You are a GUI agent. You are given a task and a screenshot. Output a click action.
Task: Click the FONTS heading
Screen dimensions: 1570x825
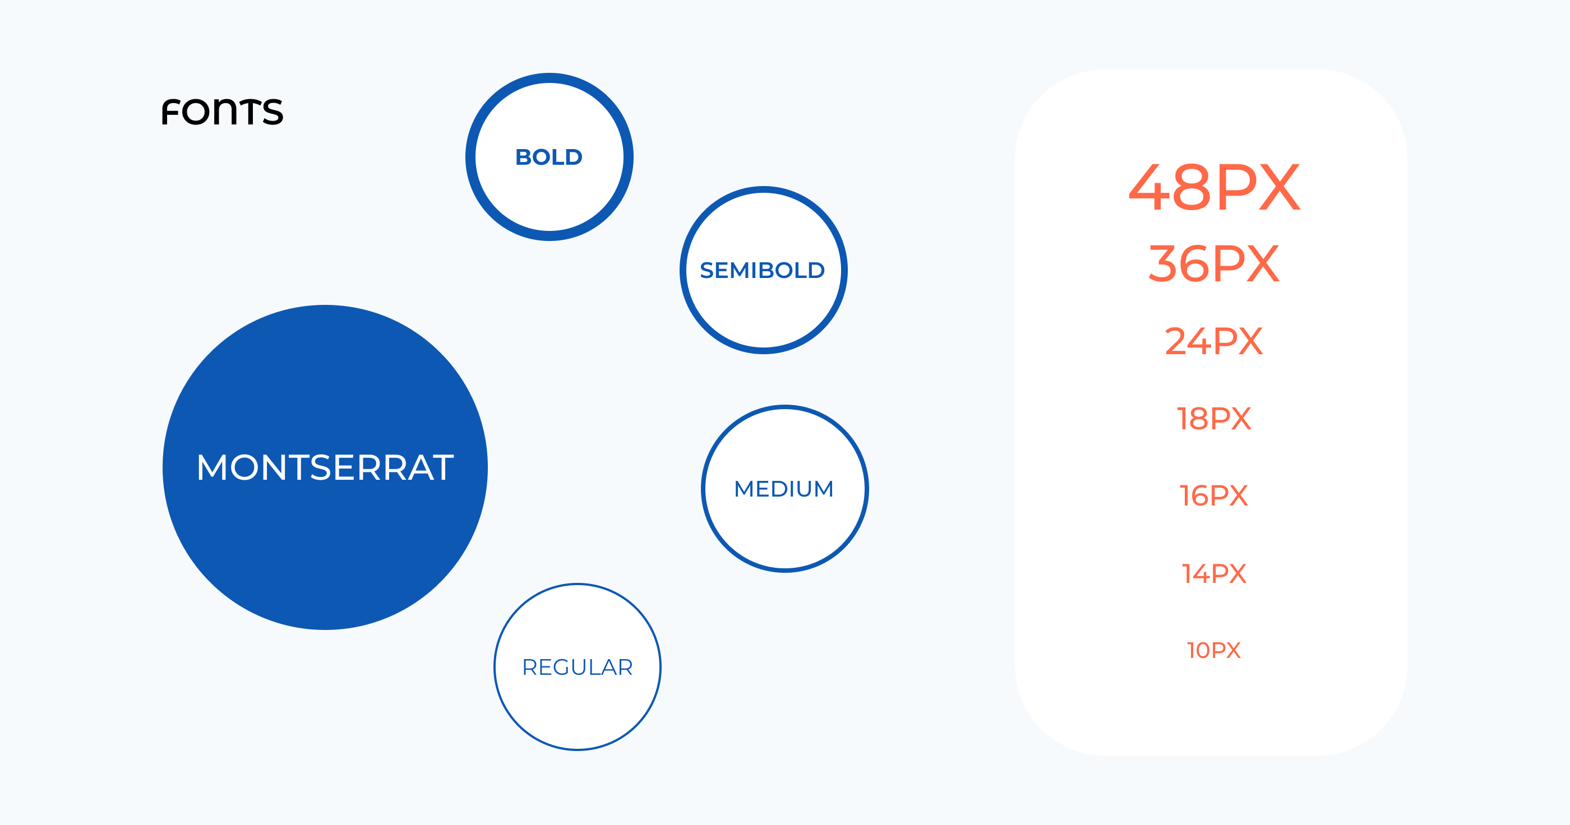(x=223, y=112)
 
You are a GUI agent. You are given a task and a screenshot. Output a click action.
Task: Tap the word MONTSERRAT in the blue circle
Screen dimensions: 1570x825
(x=325, y=467)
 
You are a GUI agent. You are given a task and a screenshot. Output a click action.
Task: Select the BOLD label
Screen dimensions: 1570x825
(x=549, y=157)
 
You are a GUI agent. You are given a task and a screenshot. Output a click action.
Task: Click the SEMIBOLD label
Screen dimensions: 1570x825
(x=763, y=270)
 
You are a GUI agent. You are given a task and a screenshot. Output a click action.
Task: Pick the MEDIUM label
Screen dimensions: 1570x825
(x=784, y=489)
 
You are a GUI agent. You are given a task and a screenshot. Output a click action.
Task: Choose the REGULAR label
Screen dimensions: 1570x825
(x=577, y=667)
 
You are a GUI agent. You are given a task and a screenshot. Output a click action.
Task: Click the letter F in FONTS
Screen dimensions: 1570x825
(x=170, y=112)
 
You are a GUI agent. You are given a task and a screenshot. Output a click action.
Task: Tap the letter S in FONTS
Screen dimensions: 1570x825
(x=273, y=112)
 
